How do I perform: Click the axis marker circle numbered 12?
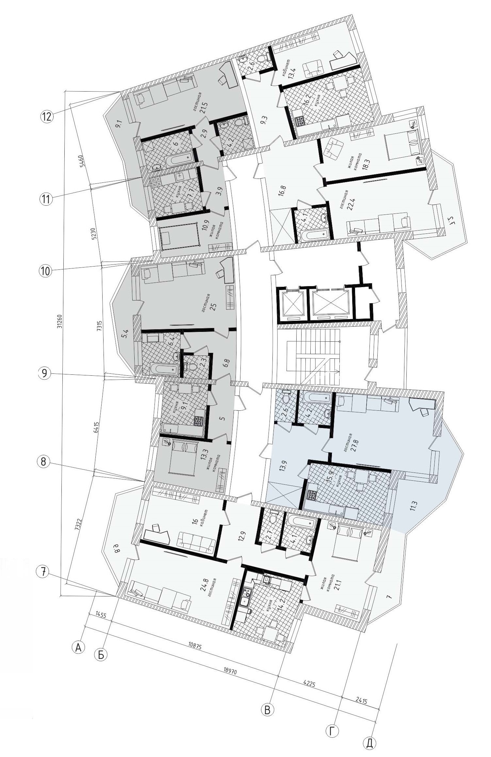pyautogui.click(x=47, y=116)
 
